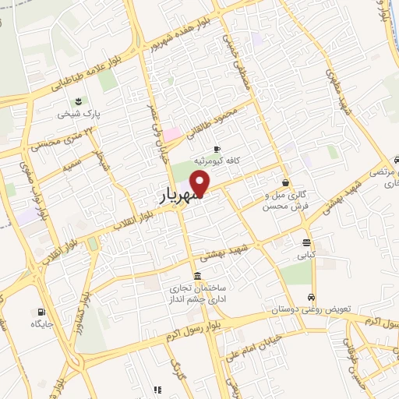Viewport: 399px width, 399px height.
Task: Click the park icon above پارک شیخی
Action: pos(78,101)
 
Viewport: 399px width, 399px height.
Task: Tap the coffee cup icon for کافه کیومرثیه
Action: pos(217,148)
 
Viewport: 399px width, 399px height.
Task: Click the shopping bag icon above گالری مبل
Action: pos(286,183)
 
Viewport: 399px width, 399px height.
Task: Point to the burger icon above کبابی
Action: pos(306,242)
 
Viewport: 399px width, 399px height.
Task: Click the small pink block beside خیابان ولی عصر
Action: pos(171,134)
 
